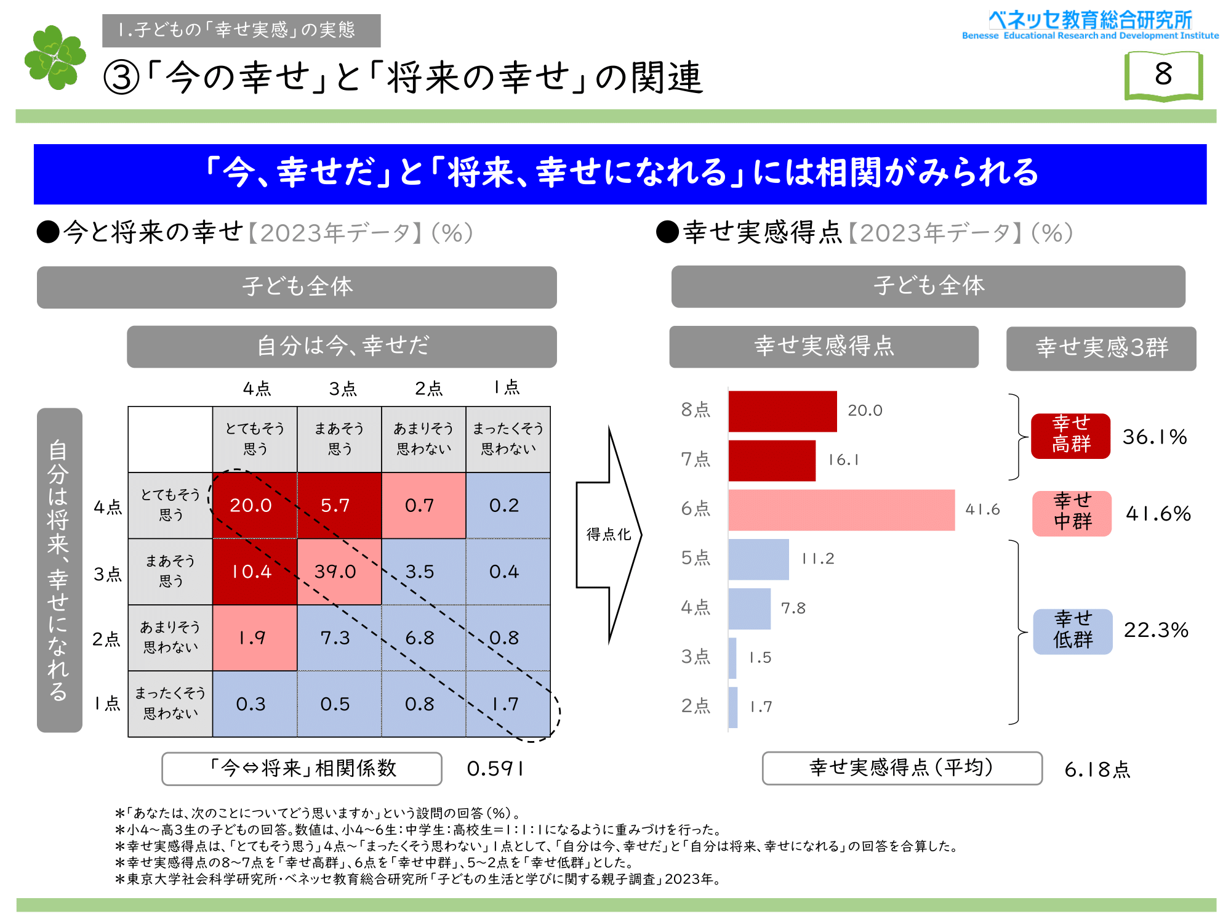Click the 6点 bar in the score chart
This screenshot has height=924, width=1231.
[x=841, y=510]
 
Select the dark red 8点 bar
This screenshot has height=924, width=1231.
[x=782, y=411]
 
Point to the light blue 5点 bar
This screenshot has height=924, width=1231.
[x=758, y=559]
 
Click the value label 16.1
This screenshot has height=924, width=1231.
[x=843, y=460]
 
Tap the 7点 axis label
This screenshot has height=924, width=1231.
[x=696, y=460]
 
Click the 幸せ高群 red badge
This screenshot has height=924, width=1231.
[x=1071, y=436]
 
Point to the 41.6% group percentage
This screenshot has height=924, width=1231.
[x=1158, y=514]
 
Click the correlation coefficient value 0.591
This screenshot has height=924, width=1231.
[x=495, y=769]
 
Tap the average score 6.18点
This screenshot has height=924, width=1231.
[x=1097, y=769]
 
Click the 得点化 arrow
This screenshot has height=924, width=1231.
[x=608, y=534]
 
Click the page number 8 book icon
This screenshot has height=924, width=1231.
[x=1163, y=75]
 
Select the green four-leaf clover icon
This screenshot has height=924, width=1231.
[x=55, y=57]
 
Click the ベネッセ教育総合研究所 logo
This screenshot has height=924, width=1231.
[x=1090, y=25]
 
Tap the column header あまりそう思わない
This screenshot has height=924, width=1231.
[x=423, y=439]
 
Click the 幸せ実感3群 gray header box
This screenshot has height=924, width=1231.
[x=1101, y=348]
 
